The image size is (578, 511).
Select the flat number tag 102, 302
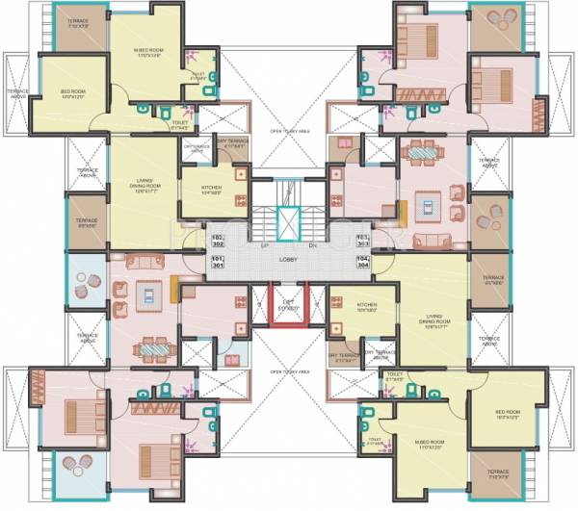pos(217,240)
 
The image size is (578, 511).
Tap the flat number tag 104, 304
pos(362,263)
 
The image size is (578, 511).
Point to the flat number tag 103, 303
pos(362,240)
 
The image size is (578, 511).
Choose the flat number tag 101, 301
pos(217,263)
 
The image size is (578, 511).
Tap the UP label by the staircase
pos(264,247)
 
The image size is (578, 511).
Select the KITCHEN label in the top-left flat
pos(213,190)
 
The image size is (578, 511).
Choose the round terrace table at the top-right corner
pos(497,18)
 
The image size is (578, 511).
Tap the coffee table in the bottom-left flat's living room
pos(150,294)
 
